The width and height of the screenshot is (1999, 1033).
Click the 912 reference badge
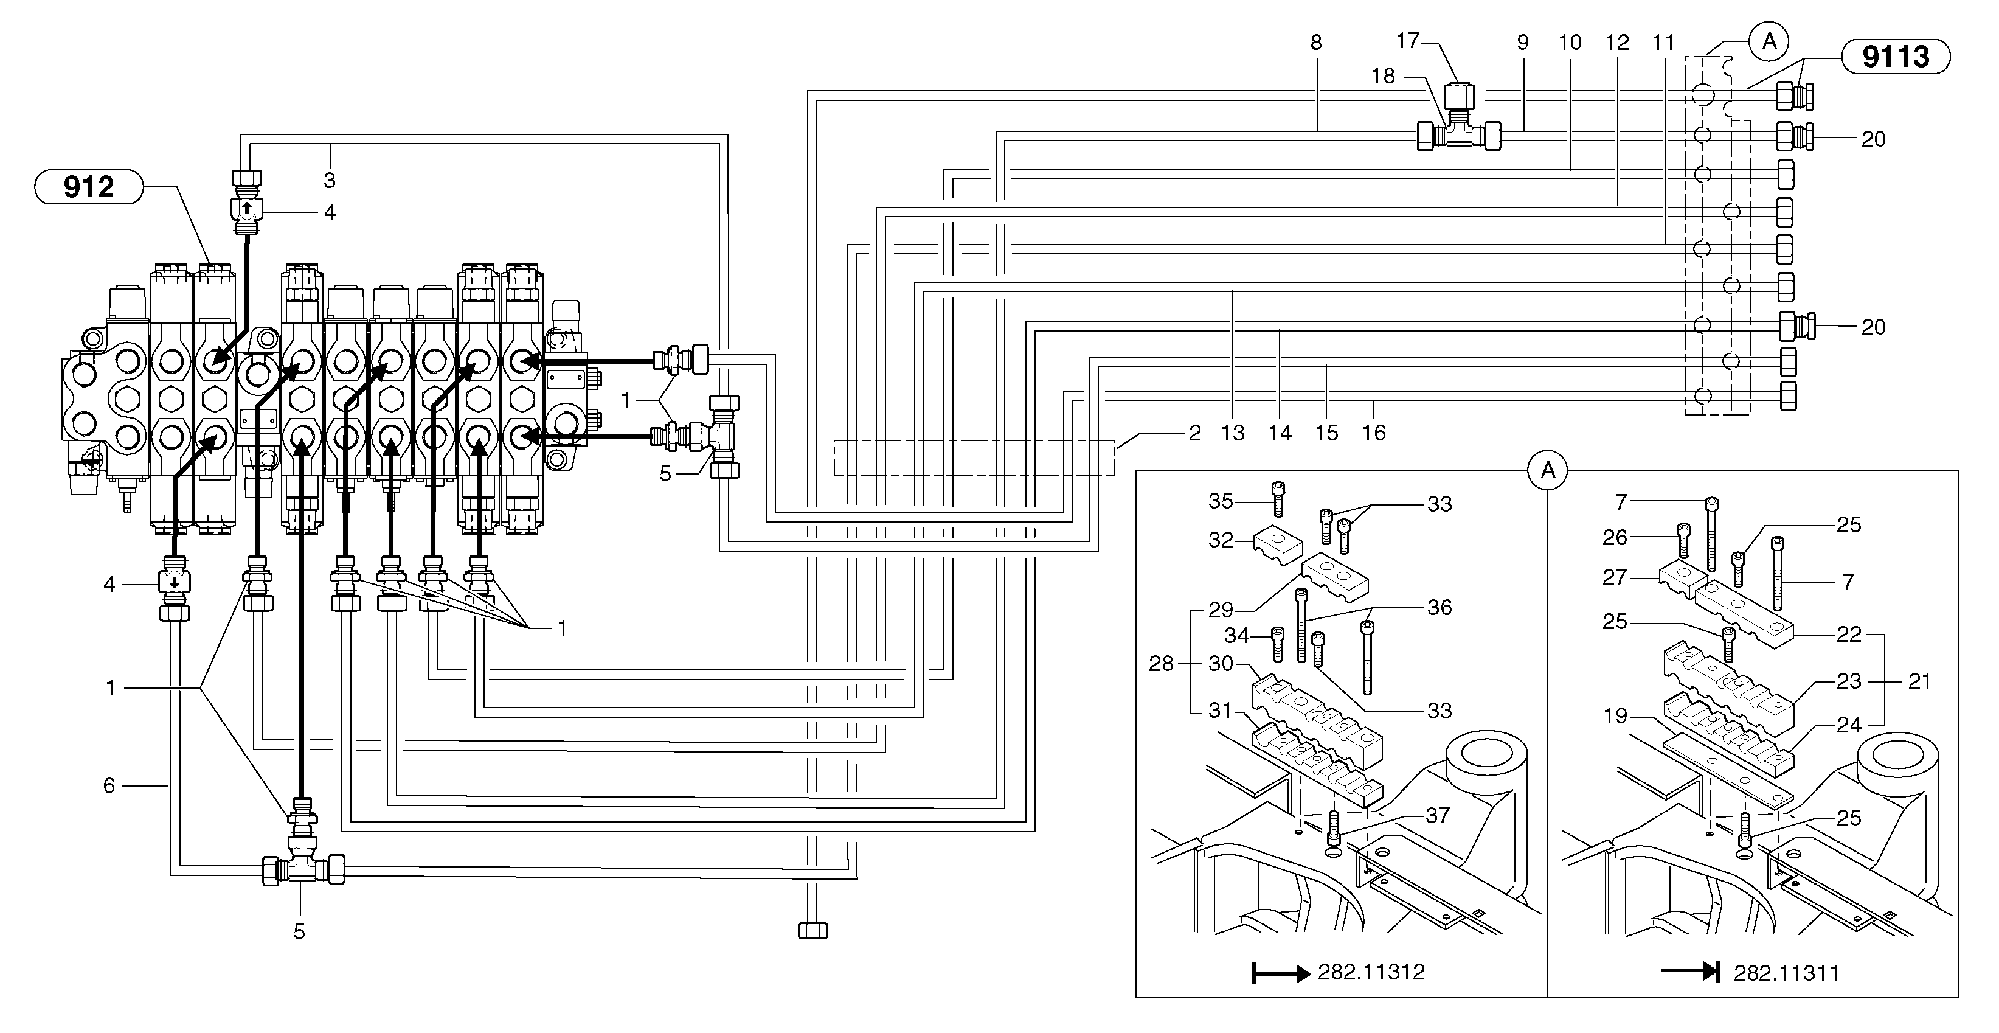(x=88, y=187)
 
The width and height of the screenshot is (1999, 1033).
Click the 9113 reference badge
(x=1895, y=57)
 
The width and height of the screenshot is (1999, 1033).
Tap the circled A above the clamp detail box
(x=1547, y=470)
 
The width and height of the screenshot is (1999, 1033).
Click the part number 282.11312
(x=1371, y=972)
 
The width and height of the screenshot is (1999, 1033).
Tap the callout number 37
(x=1437, y=815)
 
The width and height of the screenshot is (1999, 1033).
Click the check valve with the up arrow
(x=246, y=208)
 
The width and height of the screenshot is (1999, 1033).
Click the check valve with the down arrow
(x=174, y=582)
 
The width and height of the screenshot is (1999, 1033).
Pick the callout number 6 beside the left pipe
(x=109, y=786)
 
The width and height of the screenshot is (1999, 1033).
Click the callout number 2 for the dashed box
(x=1194, y=433)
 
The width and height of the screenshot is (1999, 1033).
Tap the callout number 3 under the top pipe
(x=329, y=180)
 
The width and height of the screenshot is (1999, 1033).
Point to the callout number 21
(x=1919, y=681)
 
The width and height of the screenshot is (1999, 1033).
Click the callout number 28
(x=1160, y=664)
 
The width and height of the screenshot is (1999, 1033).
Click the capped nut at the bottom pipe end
(x=812, y=930)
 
